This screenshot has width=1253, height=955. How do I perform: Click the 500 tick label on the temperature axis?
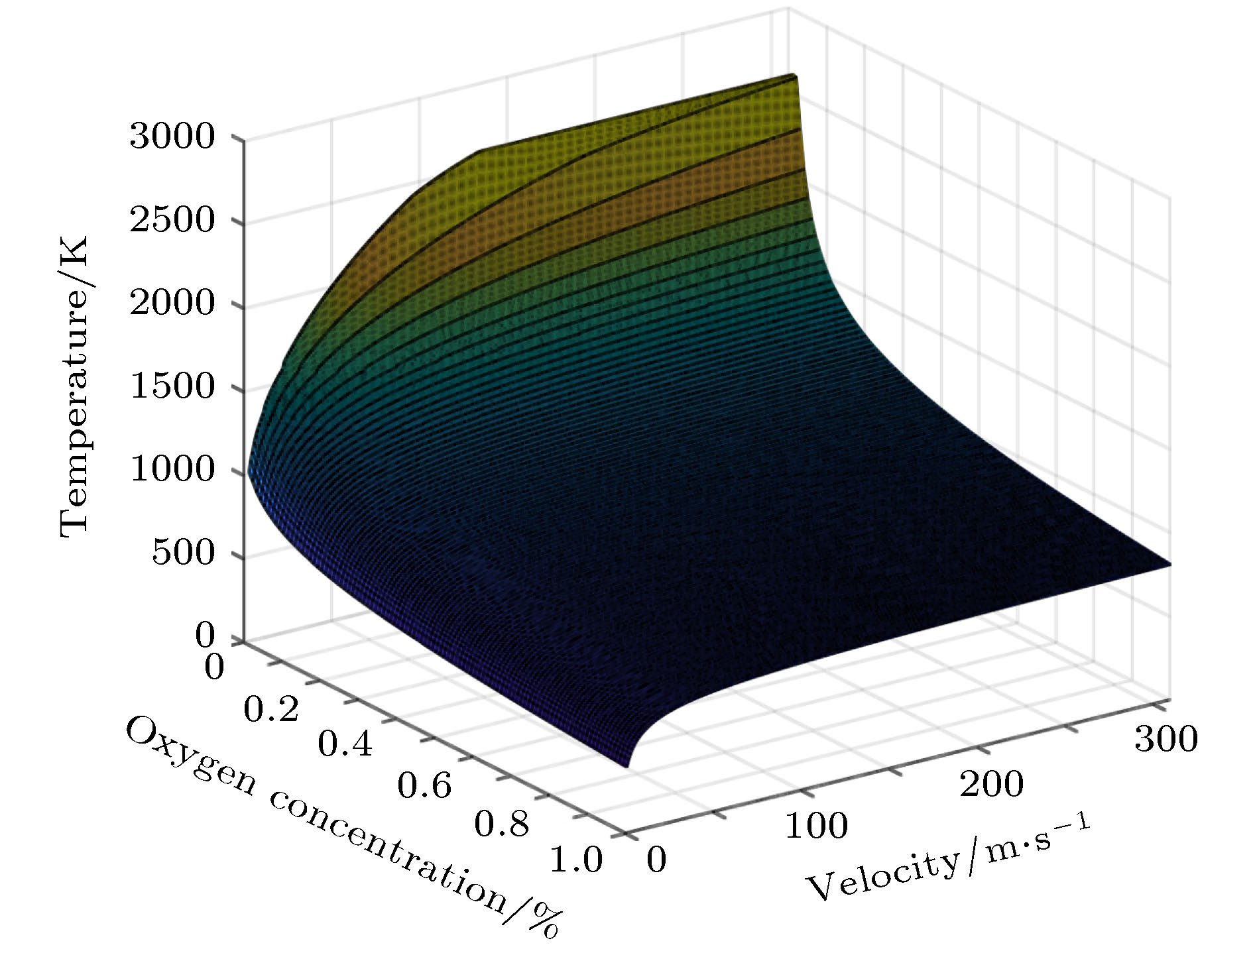[x=184, y=553]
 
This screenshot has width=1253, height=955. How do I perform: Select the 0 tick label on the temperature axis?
[x=206, y=636]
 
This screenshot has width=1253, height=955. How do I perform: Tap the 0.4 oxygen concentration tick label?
[x=345, y=745]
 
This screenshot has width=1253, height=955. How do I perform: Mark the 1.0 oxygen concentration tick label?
[x=576, y=860]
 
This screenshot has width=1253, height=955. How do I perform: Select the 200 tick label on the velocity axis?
[x=992, y=785]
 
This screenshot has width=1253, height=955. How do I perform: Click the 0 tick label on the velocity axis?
[x=656, y=860]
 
